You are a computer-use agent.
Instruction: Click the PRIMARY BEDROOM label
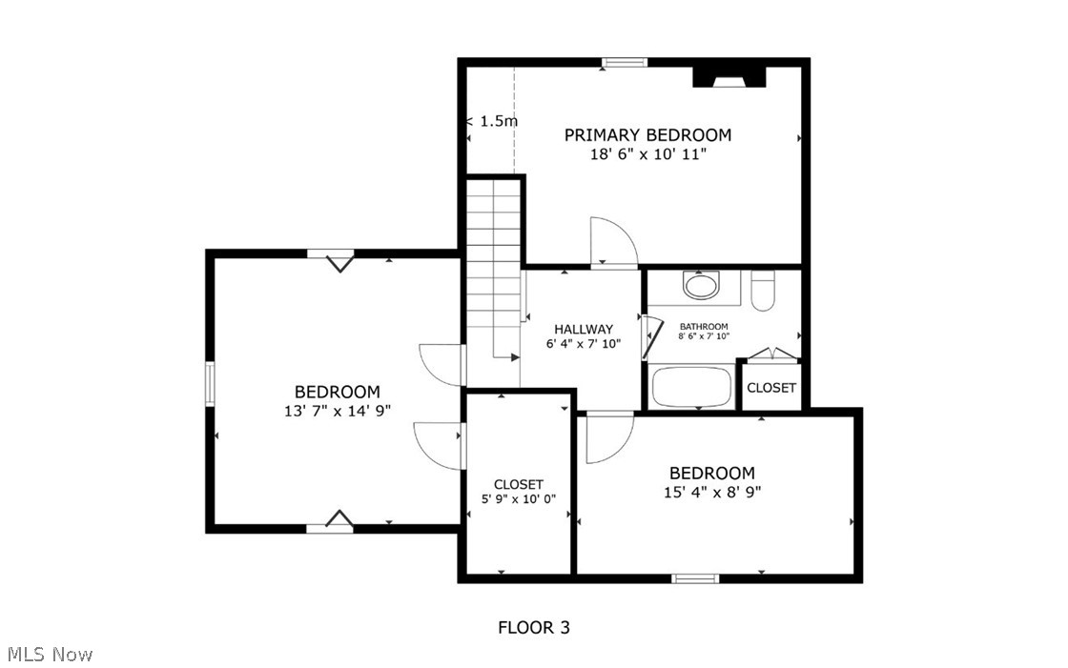tap(647, 134)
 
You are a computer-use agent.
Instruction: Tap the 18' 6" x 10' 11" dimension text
tap(647, 153)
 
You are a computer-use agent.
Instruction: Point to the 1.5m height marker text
tap(497, 121)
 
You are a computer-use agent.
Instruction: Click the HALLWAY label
tap(584, 329)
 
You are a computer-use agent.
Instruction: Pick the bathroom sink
tap(703, 285)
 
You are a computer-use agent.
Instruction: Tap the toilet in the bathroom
tap(764, 291)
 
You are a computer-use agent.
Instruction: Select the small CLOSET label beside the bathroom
tap(771, 388)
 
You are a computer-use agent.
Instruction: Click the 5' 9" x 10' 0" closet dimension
tap(518, 498)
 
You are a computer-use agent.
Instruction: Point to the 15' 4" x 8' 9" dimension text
tap(711, 493)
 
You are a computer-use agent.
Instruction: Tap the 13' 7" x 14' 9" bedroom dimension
tap(337, 411)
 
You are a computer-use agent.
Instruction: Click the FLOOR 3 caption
tap(534, 627)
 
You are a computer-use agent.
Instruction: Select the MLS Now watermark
tap(50, 655)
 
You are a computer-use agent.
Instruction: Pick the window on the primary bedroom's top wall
tap(625, 63)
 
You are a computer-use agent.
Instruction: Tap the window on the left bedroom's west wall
tap(210, 384)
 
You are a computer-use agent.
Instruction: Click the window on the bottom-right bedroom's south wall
tap(694, 577)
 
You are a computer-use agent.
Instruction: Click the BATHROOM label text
tap(703, 326)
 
